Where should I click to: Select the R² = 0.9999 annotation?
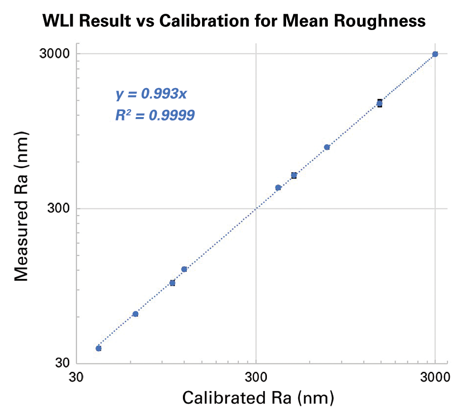pyautogui.click(x=155, y=116)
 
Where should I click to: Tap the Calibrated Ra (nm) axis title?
pyautogui.click(x=258, y=398)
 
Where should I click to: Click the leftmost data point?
pyautogui.click(x=98, y=348)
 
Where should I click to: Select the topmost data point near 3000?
pyautogui.click(x=435, y=54)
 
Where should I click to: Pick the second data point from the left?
pyautogui.click(x=135, y=314)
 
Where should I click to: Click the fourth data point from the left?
pyautogui.click(x=184, y=269)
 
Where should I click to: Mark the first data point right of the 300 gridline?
pyautogui.click(x=278, y=187)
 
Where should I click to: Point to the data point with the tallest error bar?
pyautogui.click(x=379, y=103)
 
